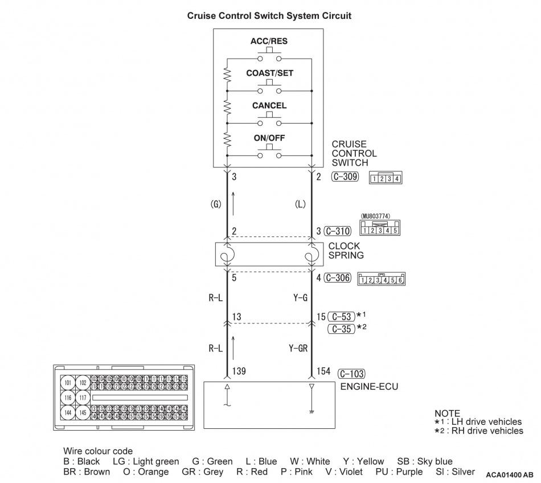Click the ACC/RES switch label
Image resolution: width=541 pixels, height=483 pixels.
[x=268, y=42]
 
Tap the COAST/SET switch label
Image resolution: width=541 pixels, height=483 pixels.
[x=269, y=73]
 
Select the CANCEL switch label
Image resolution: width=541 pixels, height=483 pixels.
[x=269, y=105]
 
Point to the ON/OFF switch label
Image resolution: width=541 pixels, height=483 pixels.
[x=269, y=138]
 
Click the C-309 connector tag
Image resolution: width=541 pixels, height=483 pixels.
[x=345, y=177]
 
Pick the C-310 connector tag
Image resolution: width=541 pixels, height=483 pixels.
[x=338, y=231]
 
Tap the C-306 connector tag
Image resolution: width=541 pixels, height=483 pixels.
[x=338, y=278]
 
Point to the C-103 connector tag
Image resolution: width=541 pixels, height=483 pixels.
[x=351, y=374]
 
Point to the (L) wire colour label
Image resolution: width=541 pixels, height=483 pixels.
[x=300, y=203]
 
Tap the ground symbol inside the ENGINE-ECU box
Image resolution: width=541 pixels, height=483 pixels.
[x=312, y=411]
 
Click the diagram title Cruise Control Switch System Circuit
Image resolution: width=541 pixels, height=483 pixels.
[x=269, y=16]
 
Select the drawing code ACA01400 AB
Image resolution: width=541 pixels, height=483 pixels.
[x=510, y=474]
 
